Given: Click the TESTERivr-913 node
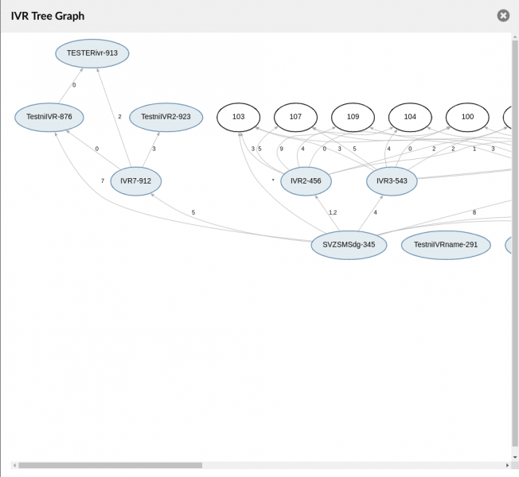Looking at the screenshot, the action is [92, 53].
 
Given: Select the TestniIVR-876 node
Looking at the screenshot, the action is [49, 117].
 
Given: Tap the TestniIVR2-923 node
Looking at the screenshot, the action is [166, 117].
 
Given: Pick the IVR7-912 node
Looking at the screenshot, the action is [135, 181].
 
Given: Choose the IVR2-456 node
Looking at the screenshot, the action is [306, 181].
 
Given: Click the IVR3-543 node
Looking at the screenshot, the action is [392, 181].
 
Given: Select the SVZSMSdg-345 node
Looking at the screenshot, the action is [349, 245].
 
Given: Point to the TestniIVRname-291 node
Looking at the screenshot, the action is [446, 245].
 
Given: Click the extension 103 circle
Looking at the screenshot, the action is [238, 117].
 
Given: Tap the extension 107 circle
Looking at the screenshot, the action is [295, 117].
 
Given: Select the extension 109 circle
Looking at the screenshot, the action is [353, 117].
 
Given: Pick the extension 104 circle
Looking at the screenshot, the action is [410, 117].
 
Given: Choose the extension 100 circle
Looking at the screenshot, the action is [467, 117].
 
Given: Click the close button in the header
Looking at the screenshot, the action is [503, 16].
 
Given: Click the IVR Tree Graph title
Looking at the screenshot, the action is [48, 16].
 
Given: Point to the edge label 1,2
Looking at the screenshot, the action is [333, 212].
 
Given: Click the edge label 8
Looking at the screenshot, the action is [474, 212].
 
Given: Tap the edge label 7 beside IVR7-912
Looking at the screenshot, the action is [103, 180].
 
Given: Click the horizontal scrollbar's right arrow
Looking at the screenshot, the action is [507, 465].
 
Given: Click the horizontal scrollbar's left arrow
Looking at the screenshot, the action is [14, 465].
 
